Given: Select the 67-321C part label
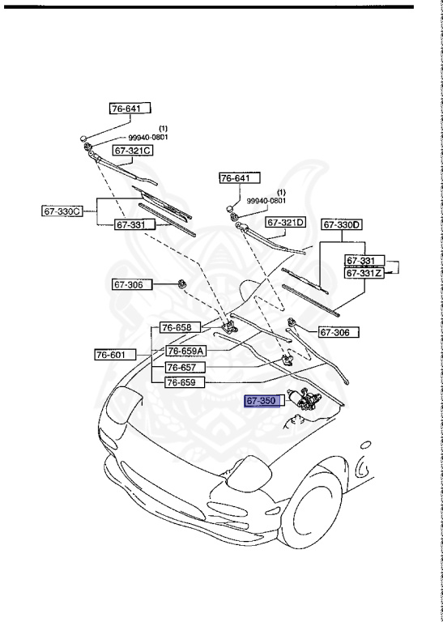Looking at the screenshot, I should pos(134,151).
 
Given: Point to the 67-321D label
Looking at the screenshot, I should pos(286,222).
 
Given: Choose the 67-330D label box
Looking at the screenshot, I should pos(342,224).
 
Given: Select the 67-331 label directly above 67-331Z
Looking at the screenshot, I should pos(363,260).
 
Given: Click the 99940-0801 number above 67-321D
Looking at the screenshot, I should pos(266,201).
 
